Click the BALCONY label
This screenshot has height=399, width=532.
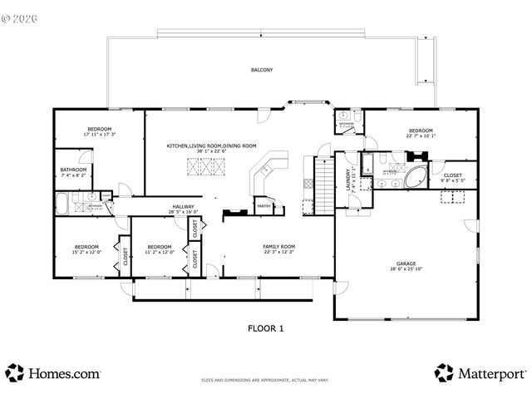[263, 70]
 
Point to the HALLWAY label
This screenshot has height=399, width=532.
[183, 206]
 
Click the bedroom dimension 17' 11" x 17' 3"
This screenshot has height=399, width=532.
[101, 134]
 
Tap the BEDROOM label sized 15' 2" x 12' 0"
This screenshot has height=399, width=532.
[87, 252]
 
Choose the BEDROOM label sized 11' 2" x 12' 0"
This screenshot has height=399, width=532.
[159, 252]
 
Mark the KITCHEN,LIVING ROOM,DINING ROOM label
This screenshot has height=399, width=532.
[211, 145]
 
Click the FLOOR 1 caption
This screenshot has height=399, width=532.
[266, 328]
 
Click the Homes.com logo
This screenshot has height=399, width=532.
[53, 373]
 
